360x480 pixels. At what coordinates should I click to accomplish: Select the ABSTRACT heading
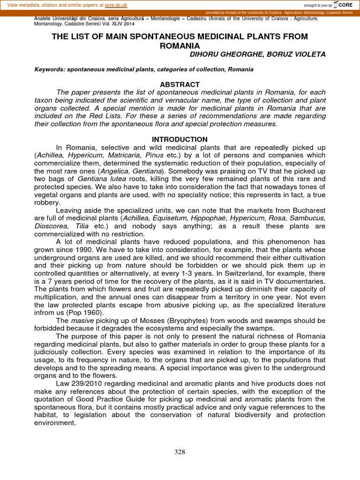point(180,84)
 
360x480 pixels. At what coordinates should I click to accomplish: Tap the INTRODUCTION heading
point(180,139)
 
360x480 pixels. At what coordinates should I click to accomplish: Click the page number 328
point(180,452)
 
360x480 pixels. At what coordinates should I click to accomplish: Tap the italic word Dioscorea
point(52,226)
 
